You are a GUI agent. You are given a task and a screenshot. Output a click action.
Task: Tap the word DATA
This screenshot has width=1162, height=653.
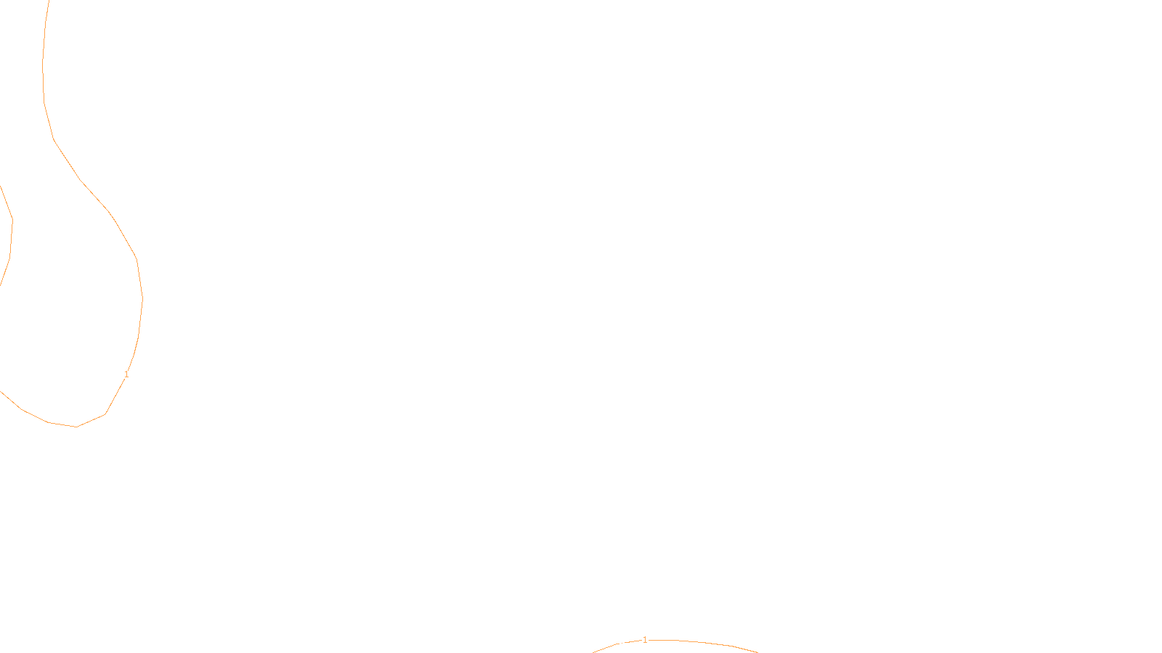point(614,641)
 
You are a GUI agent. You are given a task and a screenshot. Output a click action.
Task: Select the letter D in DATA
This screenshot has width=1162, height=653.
point(606,641)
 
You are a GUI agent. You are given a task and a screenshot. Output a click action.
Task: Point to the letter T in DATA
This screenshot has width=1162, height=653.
point(617,641)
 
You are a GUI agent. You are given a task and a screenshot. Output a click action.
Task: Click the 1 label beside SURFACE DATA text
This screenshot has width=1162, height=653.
point(644,640)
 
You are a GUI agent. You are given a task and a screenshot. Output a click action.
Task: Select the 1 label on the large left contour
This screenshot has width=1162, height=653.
point(126,374)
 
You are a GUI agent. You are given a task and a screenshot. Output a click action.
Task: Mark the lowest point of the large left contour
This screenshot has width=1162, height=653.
point(76,427)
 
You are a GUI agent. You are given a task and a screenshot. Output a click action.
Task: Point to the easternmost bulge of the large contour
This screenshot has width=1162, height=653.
point(142,298)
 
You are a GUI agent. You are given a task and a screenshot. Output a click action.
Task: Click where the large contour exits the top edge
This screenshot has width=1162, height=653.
point(49,1)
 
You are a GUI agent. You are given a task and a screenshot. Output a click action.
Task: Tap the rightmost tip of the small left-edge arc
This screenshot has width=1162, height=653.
point(12,220)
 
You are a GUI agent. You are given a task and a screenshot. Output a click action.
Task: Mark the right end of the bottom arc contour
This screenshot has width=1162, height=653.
point(757,652)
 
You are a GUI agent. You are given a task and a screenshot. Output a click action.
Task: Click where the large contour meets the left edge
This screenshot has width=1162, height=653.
point(1,392)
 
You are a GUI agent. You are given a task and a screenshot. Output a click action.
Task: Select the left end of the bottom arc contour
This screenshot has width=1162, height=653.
point(593,652)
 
